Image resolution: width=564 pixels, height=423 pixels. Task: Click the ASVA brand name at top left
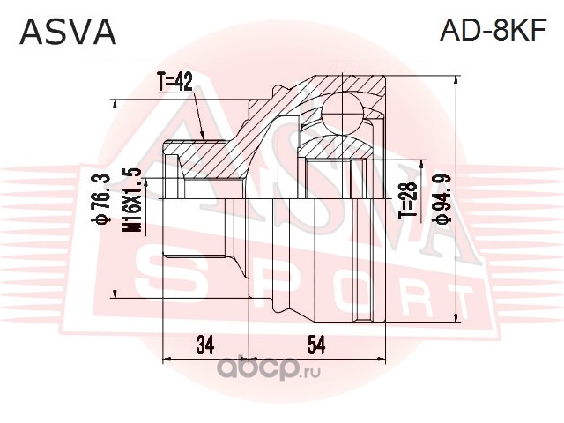[x=68, y=32]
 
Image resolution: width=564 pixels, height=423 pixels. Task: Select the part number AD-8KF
[x=493, y=30]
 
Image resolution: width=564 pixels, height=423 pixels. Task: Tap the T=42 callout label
[x=174, y=82]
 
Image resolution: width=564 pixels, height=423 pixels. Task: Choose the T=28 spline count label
[x=408, y=200]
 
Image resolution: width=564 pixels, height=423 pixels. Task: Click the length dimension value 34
[x=205, y=345]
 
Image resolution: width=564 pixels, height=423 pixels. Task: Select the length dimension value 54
[x=316, y=345]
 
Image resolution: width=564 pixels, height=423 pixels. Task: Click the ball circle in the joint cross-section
[x=343, y=112]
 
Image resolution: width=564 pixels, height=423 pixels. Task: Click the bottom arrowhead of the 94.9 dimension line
[x=456, y=317]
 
